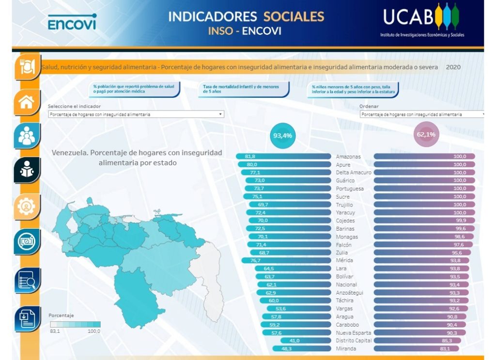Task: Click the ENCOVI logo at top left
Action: click(x=72, y=22)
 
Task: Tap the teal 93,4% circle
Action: click(x=282, y=136)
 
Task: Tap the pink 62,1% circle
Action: click(x=426, y=135)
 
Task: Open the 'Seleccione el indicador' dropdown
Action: click(x=136, y=114)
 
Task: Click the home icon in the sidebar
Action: click(x=26, y=102)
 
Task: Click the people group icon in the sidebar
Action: click(x=26, y=136)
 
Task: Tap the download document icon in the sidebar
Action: click(x=26, y=318)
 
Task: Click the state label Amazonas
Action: click(x=348, y=157)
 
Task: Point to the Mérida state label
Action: click(x=345, y=261)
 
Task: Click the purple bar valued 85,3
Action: click(x=417, y=341)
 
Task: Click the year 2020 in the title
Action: click(x=453, y=67)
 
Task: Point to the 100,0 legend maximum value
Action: click(x=93, y=331)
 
